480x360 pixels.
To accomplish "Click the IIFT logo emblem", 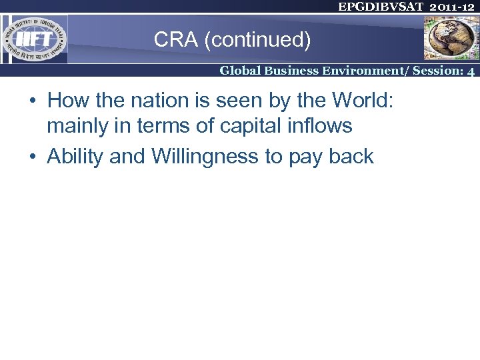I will (x=34, y=39).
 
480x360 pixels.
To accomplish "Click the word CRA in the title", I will (x=176, y=40).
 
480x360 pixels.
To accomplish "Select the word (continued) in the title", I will (x=258, y=40).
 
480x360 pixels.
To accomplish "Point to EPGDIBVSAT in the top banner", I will (x=380, y=7).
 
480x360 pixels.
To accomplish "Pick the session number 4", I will (x=471, y=71).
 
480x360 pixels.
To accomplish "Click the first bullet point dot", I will (x=32, y=101).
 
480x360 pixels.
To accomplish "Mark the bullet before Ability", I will (x=32, y=157).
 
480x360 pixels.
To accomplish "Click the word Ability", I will (x=75, y=157).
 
